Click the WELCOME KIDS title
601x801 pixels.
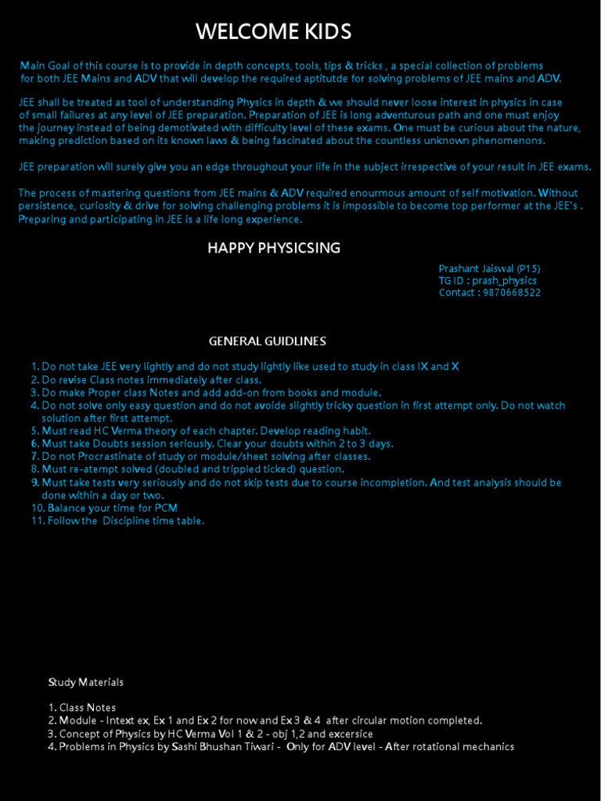273,32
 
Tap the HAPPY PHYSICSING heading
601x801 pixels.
274,248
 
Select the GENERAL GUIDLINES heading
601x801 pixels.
268,341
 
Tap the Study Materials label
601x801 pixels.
86,682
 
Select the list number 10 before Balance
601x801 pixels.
38,508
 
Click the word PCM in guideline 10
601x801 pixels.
165,508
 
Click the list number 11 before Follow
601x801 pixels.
38,521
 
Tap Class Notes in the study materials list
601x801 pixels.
88,708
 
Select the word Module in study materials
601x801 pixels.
77,720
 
